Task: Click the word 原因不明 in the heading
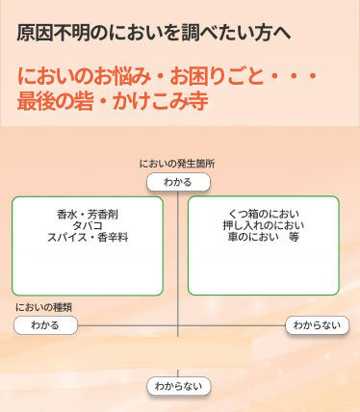[x=49, y=32]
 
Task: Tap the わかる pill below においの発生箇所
[x=178, y=182]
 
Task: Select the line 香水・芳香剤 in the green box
[x=88, y=213]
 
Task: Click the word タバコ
[x=88, y=224]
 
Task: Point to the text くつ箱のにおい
[x=263, y=213]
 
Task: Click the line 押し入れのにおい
[x=263, y=224]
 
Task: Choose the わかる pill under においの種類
[x=45, y=325]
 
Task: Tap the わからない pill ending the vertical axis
[x=178, y=386]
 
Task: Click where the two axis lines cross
[x=178, y=325]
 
